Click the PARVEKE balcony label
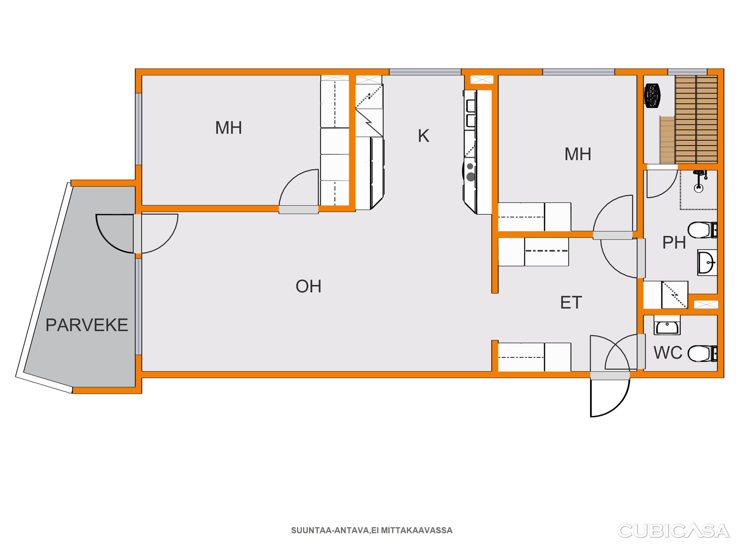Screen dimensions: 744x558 pos(87,325)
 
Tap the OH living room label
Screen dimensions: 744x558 pos(309,286)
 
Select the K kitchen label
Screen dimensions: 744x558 pos(424,136)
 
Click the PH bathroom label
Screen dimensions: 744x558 pos(674,242)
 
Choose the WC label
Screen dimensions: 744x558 pos(668,353)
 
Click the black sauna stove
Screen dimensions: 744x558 pos(652,96)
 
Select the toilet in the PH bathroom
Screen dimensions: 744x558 pos(702,230)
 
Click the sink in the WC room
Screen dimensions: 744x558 pos(667,325)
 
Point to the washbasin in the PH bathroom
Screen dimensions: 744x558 pos(707,262)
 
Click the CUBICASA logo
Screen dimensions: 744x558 pos(673,530)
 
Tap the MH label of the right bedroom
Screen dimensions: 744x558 pos(578,154)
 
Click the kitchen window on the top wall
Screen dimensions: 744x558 pos(425,72)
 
